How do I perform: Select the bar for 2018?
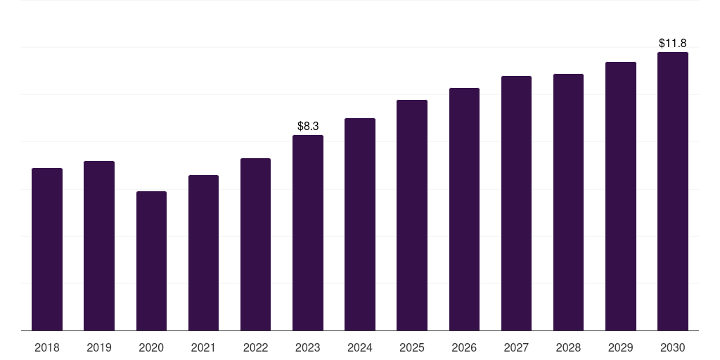tap(47, 250)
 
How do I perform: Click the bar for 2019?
tap(99, 245)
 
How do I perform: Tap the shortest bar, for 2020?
tap(152, 261)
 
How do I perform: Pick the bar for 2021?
tap(203, 253)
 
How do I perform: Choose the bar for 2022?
tap(255, 244)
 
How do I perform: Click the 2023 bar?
tap(308, 233)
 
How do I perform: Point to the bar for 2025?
tap(412, 215)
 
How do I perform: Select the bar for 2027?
tap(516, 203)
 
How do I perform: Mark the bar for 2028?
tap(568, 202)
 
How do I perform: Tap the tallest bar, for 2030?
tap(673, 191)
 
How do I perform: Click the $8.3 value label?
tap(308, 127)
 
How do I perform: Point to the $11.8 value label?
tap(673, 43)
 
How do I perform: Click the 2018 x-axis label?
tap(47, 348)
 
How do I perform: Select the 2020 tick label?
tap(152, 348)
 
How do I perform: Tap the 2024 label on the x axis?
tap(360, 348)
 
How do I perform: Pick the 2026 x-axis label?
tap(464, 348)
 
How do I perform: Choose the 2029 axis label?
tap(620, 348)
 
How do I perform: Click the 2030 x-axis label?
tap(673, 348)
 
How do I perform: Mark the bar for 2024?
tap(360, 224)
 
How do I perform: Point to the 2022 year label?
tap(255, 348)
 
